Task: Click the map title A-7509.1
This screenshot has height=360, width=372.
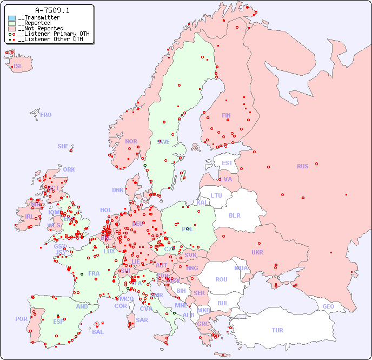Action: point(52,10)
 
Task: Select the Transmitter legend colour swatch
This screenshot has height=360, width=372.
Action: point(12,18)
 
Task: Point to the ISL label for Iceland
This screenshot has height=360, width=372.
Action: point(18,67)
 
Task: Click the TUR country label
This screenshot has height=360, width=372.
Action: point(277,330)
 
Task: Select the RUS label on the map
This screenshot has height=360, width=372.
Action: point(302,166)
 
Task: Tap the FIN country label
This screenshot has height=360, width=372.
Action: point(226,115)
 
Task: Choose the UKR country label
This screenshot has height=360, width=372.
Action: point(257,252)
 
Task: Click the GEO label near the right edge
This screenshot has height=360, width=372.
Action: point(328,306)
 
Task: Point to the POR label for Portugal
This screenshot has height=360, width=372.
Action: point(21,319)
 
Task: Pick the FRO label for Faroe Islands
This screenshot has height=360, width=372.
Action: point(46,115)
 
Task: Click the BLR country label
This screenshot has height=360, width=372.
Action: point(234,215)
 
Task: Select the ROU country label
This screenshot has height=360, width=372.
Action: point(221,279)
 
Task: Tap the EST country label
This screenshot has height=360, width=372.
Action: point(227,163)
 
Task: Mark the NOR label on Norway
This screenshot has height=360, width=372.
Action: point(131,141)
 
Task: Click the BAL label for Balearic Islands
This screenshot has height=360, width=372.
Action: point(98,332)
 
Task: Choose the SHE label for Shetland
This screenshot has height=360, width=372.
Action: point(63,146)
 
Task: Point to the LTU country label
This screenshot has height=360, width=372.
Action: point(216,195)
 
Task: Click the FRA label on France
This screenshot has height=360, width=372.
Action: point(94,273)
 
